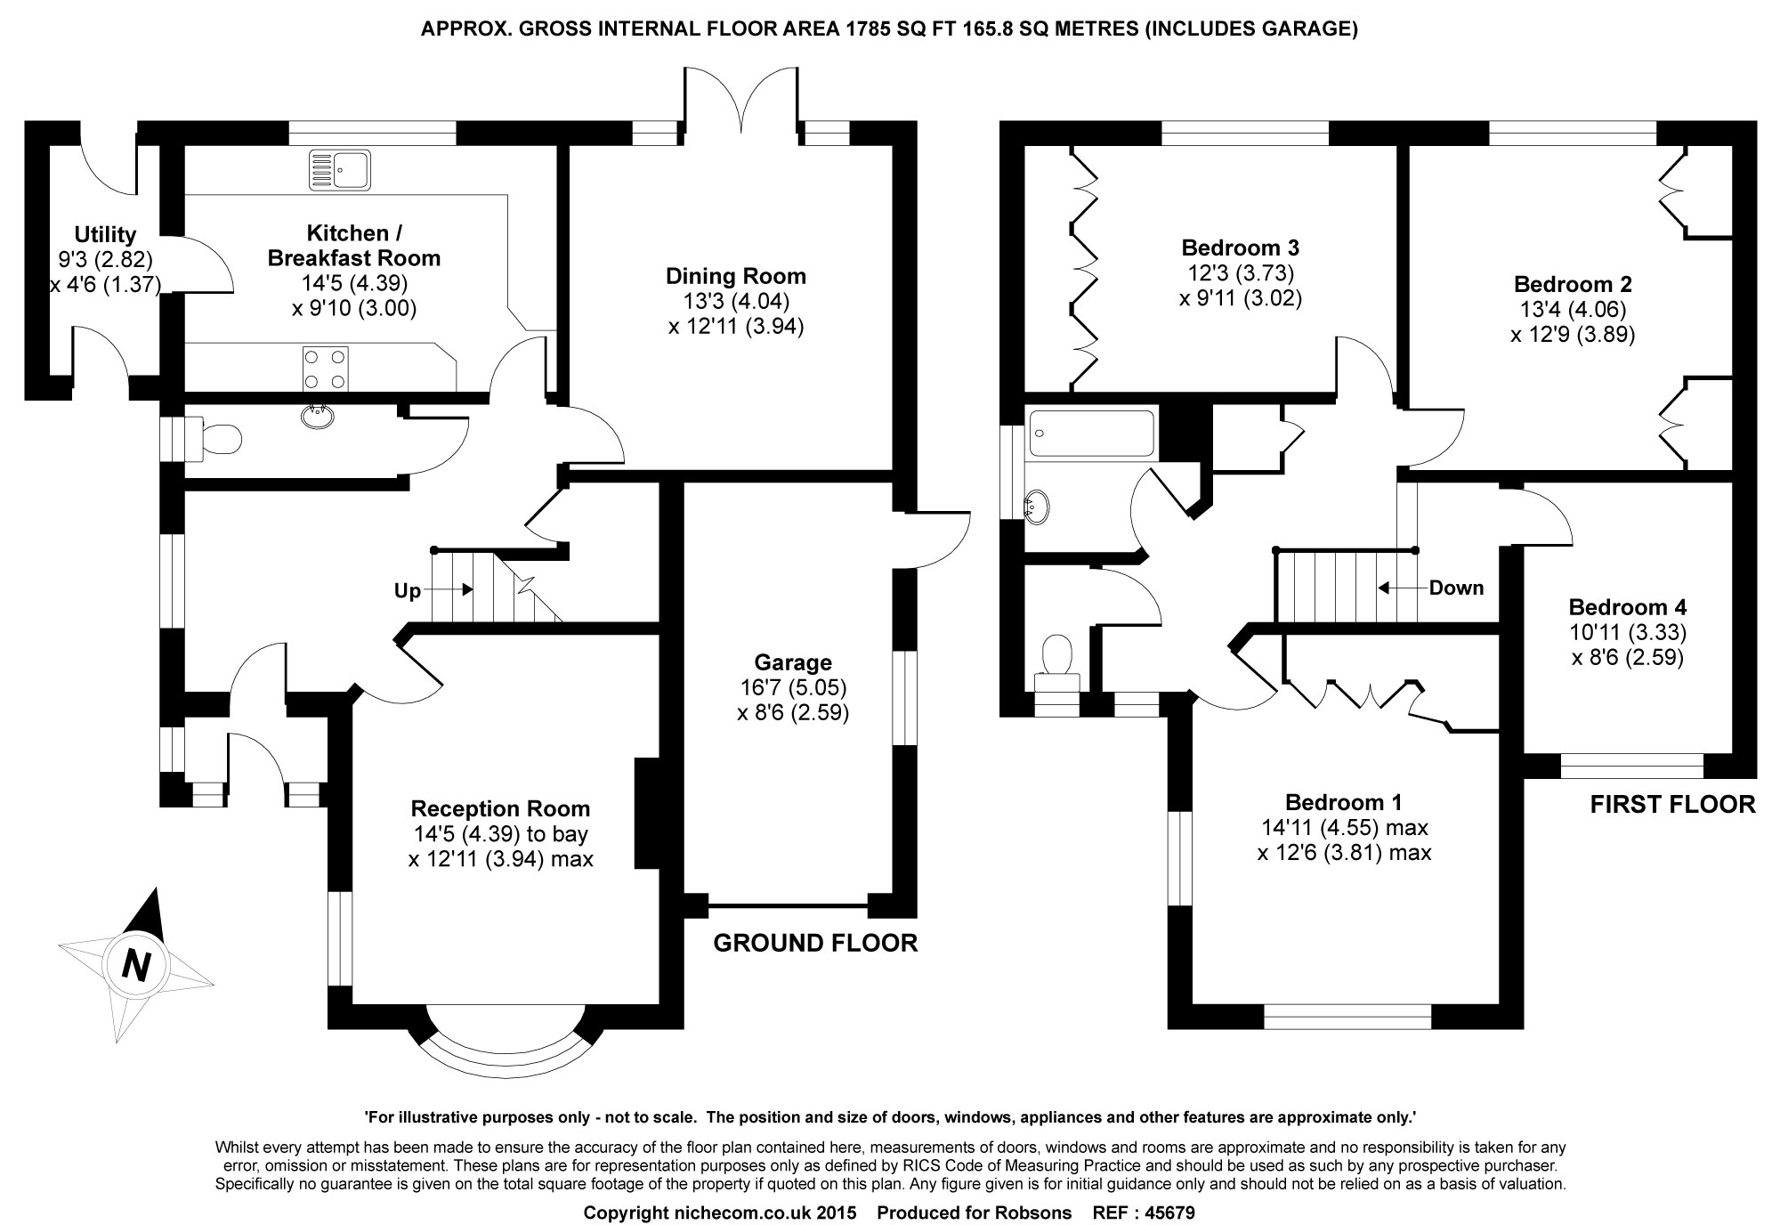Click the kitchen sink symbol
click(x=339, y=170)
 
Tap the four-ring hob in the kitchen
click(x=326, y=369)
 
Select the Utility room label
click(x=105, y=234)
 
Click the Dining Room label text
click(x=736, y=276)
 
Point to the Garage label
click(x=793, y=662)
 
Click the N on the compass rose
click(x=135, y=965)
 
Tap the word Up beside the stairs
click(x=408, y=591)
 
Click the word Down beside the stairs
click(x=1457, y=588)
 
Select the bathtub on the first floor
click(x=1089, y=434)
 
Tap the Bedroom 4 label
click(x=1628, y=608)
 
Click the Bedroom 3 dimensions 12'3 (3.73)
click(x=1241, y=272)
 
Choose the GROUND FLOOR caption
click(x=815, y=944)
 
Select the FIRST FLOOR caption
click(x=1673, y=805)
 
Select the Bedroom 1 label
click(x=1344, y=802)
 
